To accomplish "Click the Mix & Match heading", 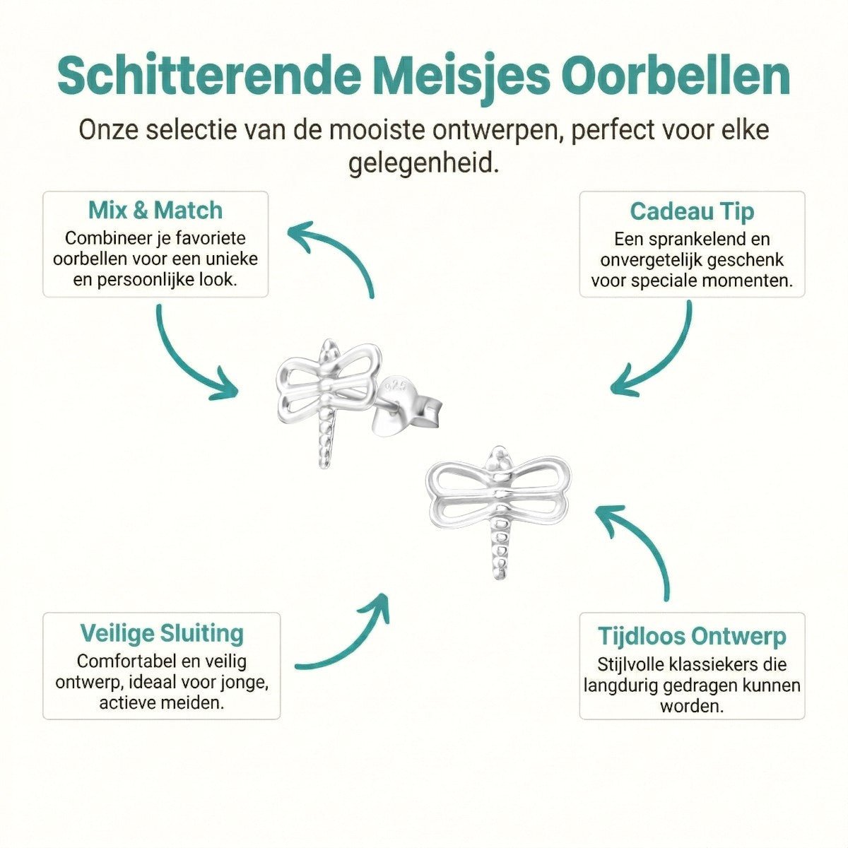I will coord(155,211).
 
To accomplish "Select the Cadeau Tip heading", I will coord(692,211).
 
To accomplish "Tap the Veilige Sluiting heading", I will coord(162,633).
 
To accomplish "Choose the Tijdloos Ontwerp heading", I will coord(692,636).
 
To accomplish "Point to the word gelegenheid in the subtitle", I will coord(423,164).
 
